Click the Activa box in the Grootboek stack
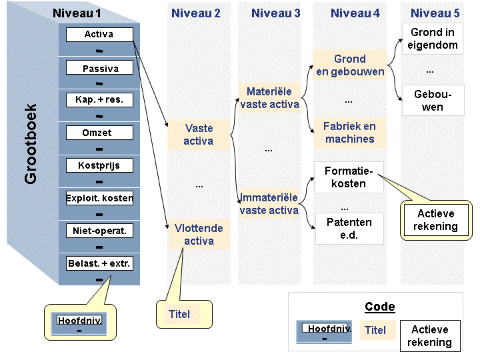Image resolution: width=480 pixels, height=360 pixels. pyautogui.click(x=99, y=34)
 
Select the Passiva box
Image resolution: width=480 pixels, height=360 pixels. pyautogui.click(x=99, y=67)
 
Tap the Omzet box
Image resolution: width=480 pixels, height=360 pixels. pyautogui.click(x=99, y=133)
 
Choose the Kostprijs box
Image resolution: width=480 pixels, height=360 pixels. pyautogui.click(x=99, y=165)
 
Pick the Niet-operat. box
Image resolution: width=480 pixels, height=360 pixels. pyautogui.click(x=99, y=231)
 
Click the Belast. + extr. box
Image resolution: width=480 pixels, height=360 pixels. pyautogui.click(x=99, y=263)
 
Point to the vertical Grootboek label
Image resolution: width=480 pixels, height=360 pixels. pyautogui.click(x=31, y=144)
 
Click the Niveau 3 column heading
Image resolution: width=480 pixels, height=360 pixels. pyautogui.click(x=275, y=13)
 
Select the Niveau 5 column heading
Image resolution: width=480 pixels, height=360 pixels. pyautogui.click(x=435, y=13)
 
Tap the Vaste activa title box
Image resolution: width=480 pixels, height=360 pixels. pyautogui.click(x=199, y=135)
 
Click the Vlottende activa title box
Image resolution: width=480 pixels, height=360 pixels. pyautogui.click(x=199, y=234)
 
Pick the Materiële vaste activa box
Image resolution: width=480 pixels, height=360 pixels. pyautogui.click(x=269, y=97)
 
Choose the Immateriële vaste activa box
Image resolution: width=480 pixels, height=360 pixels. pyautogui.click(x=269, y=204)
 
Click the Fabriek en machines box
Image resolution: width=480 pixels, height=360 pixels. pyautogui.click(x=349, y=133)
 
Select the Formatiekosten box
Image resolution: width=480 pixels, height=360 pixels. pyautogui.click(x=349, y=177)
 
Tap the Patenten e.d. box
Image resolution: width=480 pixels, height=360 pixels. pyautogui.click(x=349, y=229)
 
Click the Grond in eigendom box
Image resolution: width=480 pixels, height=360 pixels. pyautogui.click(x=432, y=39)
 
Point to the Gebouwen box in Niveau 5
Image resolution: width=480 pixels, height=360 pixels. pyautogui.click(x=433, y=101)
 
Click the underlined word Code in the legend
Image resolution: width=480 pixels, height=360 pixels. pyautogui.click(x=380, y=307)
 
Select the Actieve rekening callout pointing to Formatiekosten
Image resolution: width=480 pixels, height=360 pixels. pyautogui.click(x=436, y=220)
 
